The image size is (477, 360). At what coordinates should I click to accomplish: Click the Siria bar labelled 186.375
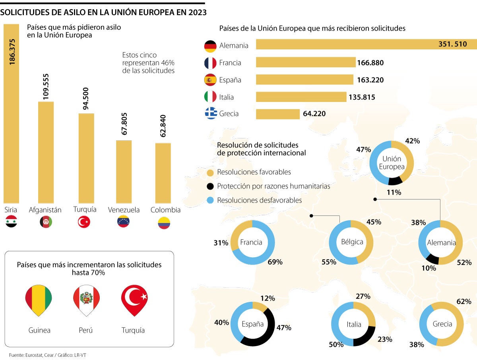[x=11, y=119]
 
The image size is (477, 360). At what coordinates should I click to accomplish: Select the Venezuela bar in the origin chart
[x=124, y=172]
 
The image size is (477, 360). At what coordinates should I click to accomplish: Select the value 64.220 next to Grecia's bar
[x=314, y=114]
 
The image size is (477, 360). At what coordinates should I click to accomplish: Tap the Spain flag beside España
[x=210, y=80]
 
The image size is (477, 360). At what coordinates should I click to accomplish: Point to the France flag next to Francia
[x=210, y=63]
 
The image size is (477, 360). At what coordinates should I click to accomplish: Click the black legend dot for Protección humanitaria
[x=211, y=187]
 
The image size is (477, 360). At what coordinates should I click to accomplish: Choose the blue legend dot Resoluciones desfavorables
[x=211, y=200]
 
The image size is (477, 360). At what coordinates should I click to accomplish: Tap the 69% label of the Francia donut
[x=275, y=262]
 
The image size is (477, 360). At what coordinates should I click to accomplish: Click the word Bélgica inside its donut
[x=352, y=242]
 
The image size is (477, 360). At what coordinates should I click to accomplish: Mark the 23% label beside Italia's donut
[x=385, y=339]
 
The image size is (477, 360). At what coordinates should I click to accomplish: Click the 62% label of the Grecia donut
[x=464, y=302]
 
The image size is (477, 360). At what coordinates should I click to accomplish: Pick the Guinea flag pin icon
[x=39, y=300]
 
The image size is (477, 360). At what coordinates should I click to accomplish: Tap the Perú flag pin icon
[x=86, y=300]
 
